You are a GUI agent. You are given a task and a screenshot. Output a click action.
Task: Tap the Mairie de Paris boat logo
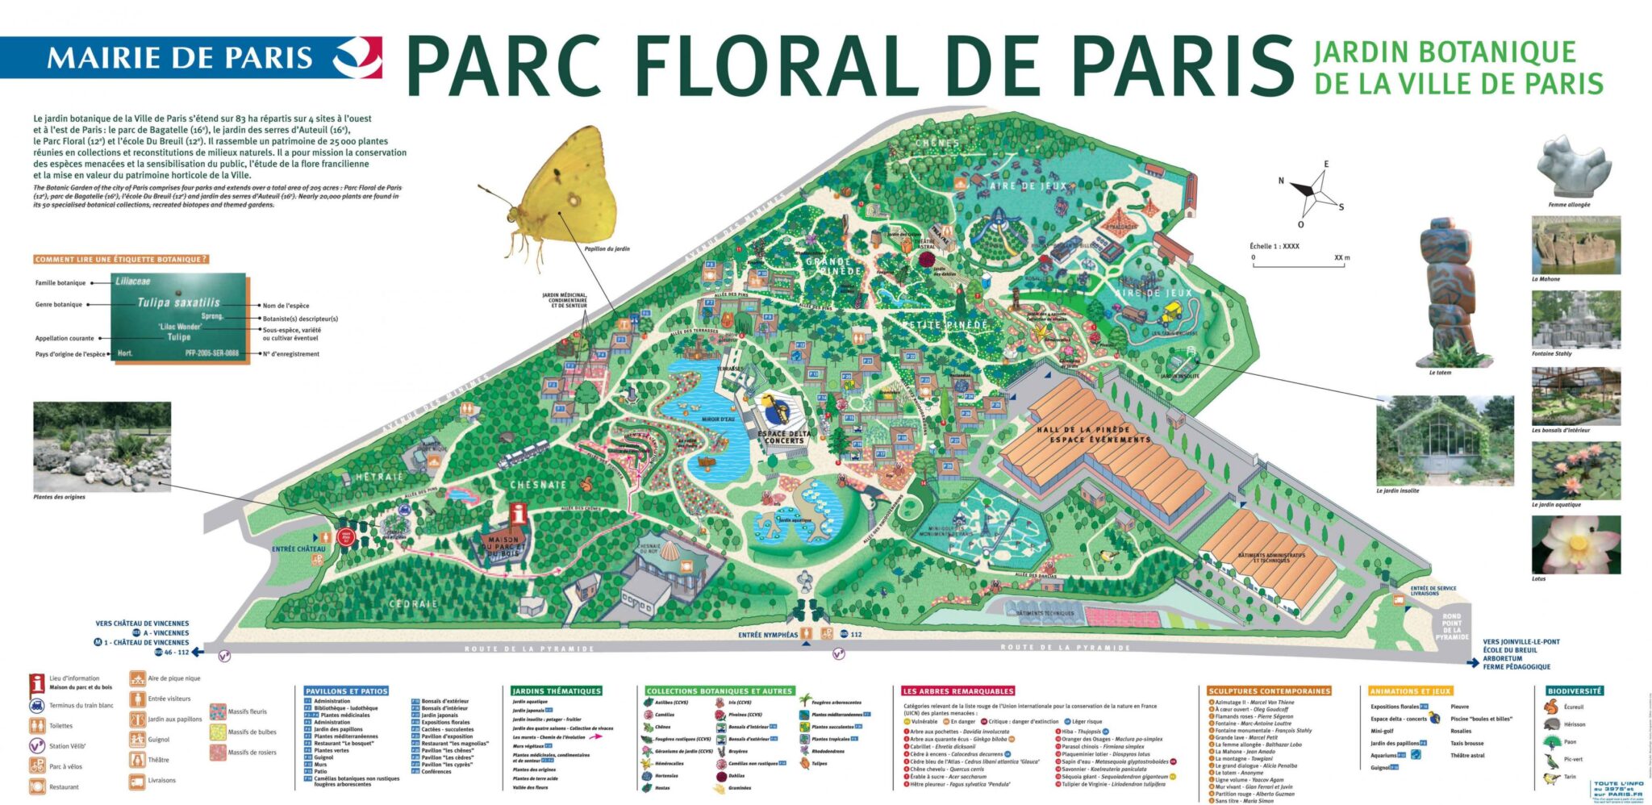(357, 56)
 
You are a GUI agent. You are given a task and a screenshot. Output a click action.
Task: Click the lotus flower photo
(1575, 544)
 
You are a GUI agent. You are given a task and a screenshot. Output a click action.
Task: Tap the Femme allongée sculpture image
(1573, 165)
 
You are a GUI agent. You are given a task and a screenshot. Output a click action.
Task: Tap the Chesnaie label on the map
(538, 485)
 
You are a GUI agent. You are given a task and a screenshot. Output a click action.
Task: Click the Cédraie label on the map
(413, 603)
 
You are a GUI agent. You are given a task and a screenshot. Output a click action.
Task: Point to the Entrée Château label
(298, 548)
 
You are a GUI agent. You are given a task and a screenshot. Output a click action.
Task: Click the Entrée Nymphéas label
(767, 635)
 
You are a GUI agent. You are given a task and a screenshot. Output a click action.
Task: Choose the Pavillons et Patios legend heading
(347, 691)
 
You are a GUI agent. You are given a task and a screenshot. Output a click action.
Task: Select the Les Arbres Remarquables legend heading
(957, 691)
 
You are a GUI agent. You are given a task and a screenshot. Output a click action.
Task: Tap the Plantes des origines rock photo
(102, 446)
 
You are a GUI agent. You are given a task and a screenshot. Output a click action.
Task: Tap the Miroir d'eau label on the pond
(717, 419)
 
